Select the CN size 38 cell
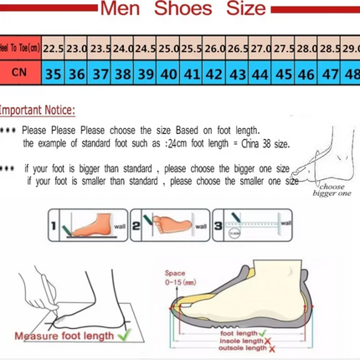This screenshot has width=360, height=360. tap(121, 74)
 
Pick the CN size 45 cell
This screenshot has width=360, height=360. tap(282, 74)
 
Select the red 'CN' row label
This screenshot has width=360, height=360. tap(19, 74)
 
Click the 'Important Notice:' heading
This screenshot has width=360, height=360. tap(37, 110)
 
